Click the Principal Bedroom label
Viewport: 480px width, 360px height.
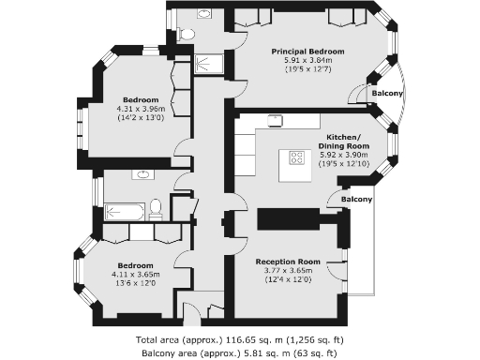pyautogui.click(x=307, y=51)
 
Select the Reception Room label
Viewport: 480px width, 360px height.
pyautogui.click(x=288, y=261)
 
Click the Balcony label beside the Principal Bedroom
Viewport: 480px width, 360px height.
pyautogui.click(x=386, y=94)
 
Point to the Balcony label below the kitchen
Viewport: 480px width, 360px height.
pyautogui.click(x=356, y=200)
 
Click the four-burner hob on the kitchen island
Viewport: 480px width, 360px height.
pyautogui.click(x=296, y=157)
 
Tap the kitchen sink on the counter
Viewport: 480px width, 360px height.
pyautogui.click(x=276, y=119)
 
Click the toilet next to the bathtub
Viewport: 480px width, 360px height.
pyautogui.click(x=156, y=208)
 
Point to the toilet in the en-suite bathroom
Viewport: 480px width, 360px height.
pyautogui.click(x=186, y=35)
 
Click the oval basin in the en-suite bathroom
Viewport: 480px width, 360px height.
pyautogui.click(x=205, y=15)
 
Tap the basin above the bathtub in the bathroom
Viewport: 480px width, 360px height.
pyautogui.click(x=142, y=174)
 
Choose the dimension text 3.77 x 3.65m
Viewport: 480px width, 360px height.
pyautogui.click(x=288, y=270)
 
